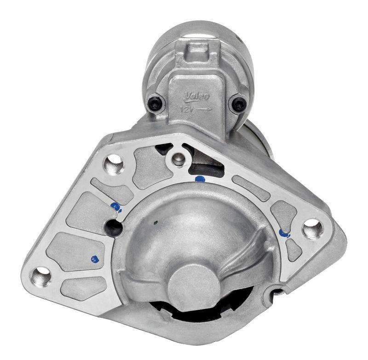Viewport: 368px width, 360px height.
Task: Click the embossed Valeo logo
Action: pos(197,96)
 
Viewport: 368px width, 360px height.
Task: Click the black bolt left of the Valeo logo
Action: pos(155,103)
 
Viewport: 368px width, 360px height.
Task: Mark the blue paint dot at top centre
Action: pos(200,178)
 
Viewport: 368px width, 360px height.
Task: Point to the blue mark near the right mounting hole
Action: pos(285,233)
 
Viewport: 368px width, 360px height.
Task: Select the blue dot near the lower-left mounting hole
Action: pos(95,259)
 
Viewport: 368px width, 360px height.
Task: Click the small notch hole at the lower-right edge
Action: pos(277,291)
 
